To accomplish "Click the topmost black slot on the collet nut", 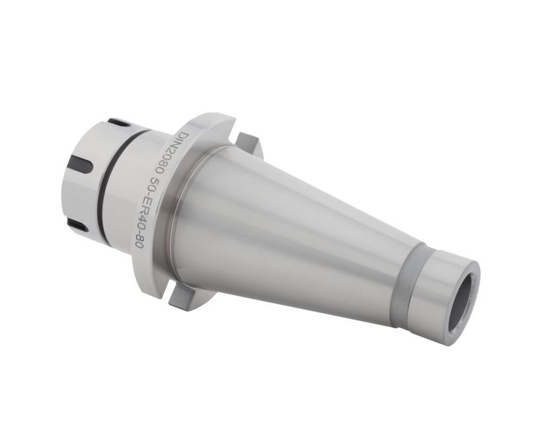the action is click(116, 122).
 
